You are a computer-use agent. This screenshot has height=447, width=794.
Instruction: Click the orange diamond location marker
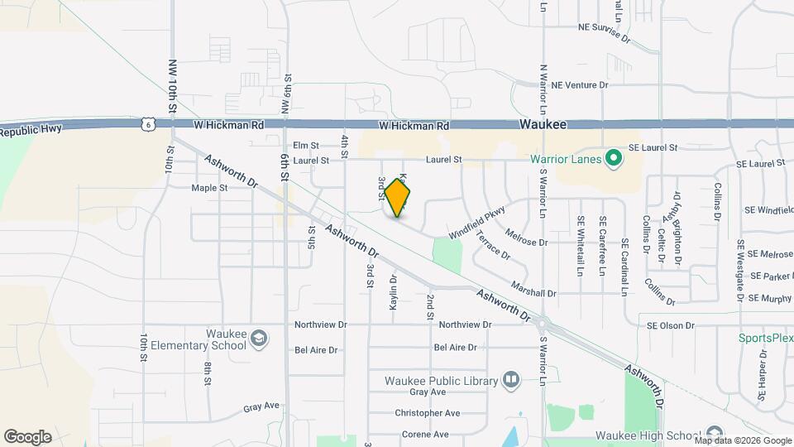[398, 198]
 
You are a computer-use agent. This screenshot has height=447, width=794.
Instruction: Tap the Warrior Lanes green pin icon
[613, 157]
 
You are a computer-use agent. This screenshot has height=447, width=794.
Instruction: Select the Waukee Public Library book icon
[511, 380]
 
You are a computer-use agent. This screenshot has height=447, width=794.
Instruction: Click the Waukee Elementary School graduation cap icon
[259, 338]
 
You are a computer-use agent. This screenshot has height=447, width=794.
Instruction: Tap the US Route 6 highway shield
[147, 123]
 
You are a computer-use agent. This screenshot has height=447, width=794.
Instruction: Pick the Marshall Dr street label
[533, 292]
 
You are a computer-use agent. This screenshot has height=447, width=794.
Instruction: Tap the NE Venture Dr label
[579, 84]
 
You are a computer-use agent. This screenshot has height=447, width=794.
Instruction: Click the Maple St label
[209, 188]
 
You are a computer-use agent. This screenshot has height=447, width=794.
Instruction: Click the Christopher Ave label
[427, 412]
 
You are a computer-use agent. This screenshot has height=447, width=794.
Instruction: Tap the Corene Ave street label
[425, 434]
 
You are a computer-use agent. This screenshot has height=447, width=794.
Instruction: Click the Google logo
[27, 436]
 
